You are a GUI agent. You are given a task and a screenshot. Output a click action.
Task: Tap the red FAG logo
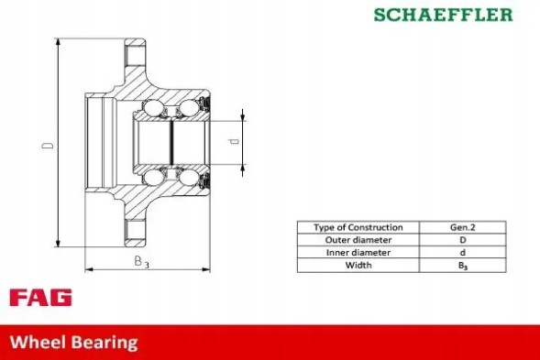coord(40,298)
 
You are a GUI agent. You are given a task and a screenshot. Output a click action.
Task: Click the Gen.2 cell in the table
coord(462,227)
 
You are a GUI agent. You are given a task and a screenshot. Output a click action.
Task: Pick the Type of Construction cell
coord(358,227)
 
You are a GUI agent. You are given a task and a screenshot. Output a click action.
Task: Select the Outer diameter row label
coord(358,240)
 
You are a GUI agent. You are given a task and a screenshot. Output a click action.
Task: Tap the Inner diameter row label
coord(358,253)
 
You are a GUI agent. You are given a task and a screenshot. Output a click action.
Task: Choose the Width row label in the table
coord(358,266)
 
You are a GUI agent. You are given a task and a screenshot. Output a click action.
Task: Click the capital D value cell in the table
coord(462,240)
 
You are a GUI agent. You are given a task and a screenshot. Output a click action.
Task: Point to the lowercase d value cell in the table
coord(462,253)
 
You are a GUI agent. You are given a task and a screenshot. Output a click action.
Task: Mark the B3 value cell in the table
coord(462,266)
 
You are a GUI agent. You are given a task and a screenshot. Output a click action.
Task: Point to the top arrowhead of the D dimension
coord(59,43)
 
